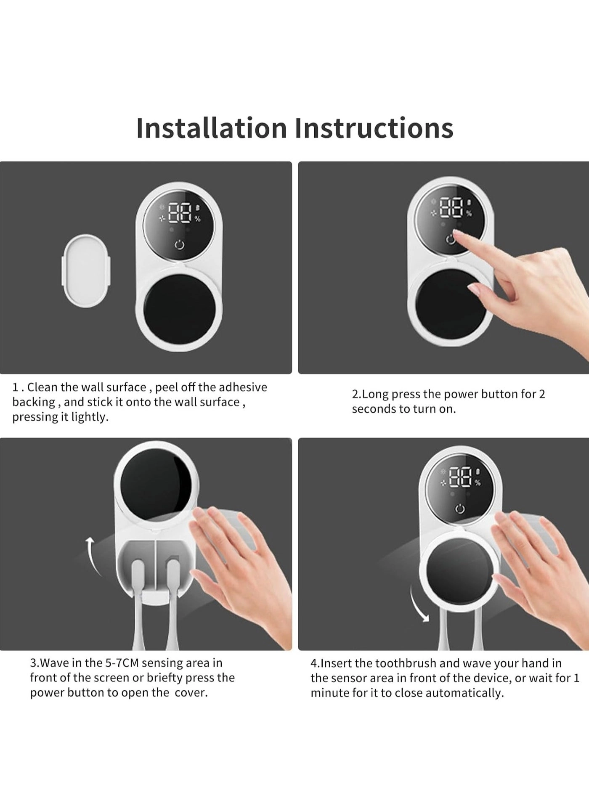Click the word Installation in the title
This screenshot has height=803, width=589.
click(x=211, y=128)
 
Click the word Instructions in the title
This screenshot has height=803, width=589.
click(x=374, y=128)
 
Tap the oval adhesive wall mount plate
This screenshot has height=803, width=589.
click(x=86, y=270)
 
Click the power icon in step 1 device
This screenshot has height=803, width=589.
click(x=179, y=245)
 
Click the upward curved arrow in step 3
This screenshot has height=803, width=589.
click(x=94, y=555)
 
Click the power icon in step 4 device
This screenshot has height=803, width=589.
click(x=460, y=509)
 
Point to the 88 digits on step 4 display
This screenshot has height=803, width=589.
click(x=461, y=478)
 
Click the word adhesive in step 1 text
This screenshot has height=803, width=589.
click(x=243, y=387)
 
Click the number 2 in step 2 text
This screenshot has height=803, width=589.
click(x=542, y=394)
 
